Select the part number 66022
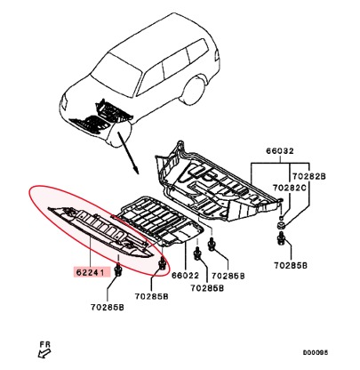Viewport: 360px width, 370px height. tap(185, 276)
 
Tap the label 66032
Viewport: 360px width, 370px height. tap(279, 151)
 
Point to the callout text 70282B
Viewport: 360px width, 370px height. tap(309, 176)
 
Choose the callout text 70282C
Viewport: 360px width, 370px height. tap(289, 188)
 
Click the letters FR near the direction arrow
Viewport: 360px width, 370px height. tap(45, 344)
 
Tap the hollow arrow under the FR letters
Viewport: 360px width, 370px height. tap(44, 353)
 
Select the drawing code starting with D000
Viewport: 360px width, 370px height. tap(316, 352)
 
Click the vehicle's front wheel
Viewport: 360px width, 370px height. tap(119, 135)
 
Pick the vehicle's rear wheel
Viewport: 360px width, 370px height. tap(193, 91)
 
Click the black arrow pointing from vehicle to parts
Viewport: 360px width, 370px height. tap(128, 152)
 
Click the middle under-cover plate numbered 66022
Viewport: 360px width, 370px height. tap(160, 220)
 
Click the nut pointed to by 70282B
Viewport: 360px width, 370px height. tap(281, 225)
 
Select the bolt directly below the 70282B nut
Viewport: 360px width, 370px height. tap(281, 239)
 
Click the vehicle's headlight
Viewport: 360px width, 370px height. tap(63, 102)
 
